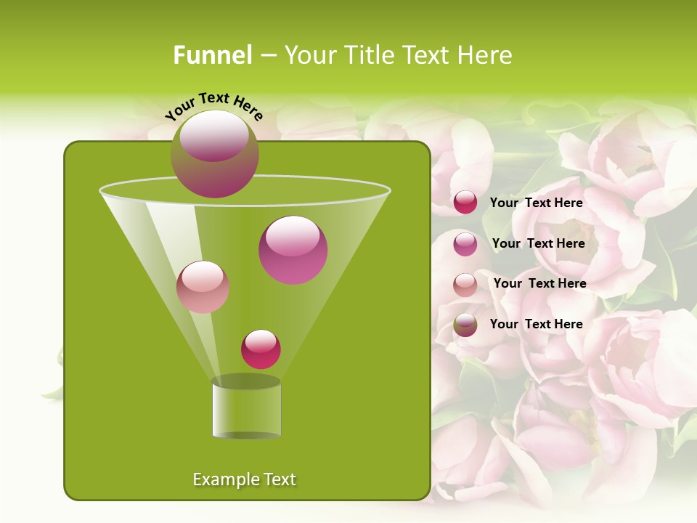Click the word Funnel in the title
coord(213,55)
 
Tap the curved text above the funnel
coord(213,106)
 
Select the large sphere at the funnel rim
coord(214,153)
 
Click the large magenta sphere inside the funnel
coord(293,250)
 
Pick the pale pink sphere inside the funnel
coord(203,287)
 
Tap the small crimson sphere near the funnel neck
coord(261,349)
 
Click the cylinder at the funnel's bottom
coord(246,410)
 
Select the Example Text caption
coord(244,479)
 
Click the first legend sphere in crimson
coord(465,203)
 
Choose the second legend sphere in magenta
coord(465,243)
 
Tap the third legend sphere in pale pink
coord(465,284)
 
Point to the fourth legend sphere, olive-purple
coord(465,325)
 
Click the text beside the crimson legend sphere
coord(536,203)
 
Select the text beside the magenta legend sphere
coord(538,244)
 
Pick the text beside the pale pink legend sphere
coord(539,284)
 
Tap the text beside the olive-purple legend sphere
coord(536,324)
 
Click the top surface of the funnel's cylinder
coord(246,381)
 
